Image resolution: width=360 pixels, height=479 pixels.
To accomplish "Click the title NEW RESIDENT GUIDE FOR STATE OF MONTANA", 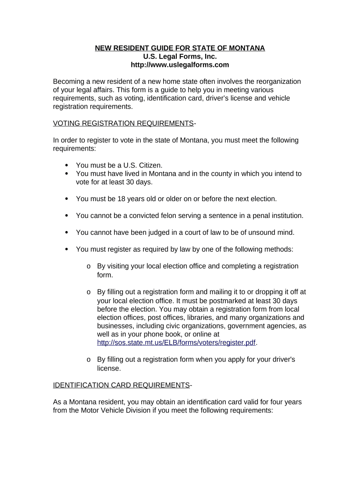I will (x=180, y=48).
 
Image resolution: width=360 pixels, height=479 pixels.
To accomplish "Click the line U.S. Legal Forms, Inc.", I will (x=180, y=57).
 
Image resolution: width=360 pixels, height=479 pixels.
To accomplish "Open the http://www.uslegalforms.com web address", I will (x=180, y=65).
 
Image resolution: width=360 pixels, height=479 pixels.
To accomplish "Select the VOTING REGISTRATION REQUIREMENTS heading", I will (x=123, y=123).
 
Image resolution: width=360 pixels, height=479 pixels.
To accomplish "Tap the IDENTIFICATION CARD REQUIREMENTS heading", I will (x=122, y=385).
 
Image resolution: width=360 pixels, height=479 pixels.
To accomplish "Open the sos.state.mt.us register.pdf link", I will (x=176, y=342).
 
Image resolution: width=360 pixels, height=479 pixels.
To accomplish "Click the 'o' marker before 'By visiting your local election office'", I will (x=88, y=266).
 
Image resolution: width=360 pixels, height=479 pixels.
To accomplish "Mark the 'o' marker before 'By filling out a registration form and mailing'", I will (x=88, y=292).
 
